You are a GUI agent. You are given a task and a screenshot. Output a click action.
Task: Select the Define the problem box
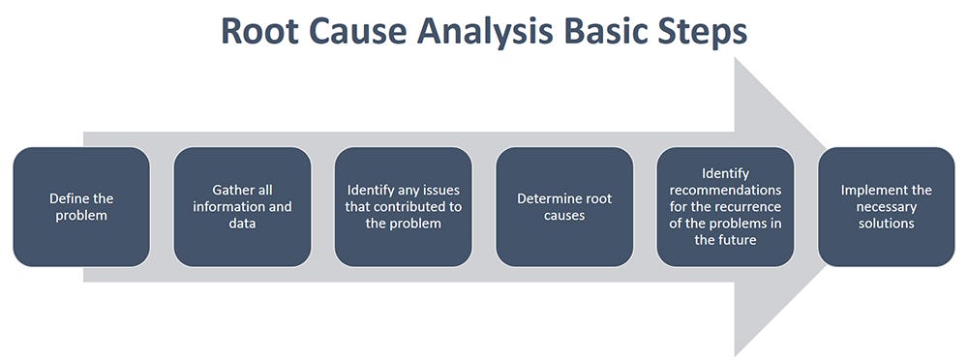pyautogui.click(x=80, y=206)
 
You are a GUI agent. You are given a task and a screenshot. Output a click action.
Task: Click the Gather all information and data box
pyautogui.click(x=242, y=206)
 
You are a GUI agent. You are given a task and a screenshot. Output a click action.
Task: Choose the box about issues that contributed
pyautogui.click(x=404, y=206)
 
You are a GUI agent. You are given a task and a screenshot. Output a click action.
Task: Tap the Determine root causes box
pyautogui.click(x=564, y=206)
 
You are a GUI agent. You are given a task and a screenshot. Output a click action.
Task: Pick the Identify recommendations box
pyautogui.click(x=725, y=206)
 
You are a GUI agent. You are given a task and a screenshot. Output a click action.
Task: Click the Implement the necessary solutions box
pyautogui.click(x=886, y=206)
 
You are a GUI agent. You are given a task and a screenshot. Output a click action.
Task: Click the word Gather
pyautogui.click(x=232, y=191)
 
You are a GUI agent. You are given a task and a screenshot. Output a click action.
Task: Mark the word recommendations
pyautogui.click(x=726, y=190)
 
